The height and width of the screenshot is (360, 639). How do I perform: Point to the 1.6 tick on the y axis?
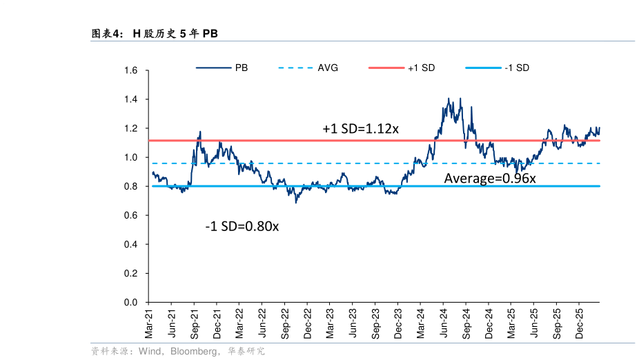point(131,70)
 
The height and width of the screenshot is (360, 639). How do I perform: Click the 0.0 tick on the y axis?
point(131,303)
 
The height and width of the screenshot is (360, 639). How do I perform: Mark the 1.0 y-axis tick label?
point(131,158)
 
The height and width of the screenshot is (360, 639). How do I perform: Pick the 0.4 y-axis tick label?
point(131,245)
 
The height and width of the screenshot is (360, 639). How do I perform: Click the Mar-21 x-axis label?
point(148,323)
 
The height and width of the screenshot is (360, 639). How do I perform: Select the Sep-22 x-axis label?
point(284,323)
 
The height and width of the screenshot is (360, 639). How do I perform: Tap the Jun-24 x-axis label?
point(442,323)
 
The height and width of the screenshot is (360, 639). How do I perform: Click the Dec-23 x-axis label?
point(397,323)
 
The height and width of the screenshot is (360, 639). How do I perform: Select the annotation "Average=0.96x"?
point(490,179)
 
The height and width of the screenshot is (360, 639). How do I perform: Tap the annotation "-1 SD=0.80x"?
point(242,226)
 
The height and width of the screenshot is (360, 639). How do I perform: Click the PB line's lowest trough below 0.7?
point(296,202)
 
